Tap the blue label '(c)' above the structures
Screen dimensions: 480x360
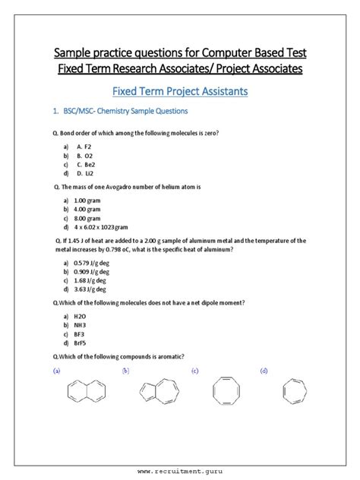pyautogui.click(x=195, y=371)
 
